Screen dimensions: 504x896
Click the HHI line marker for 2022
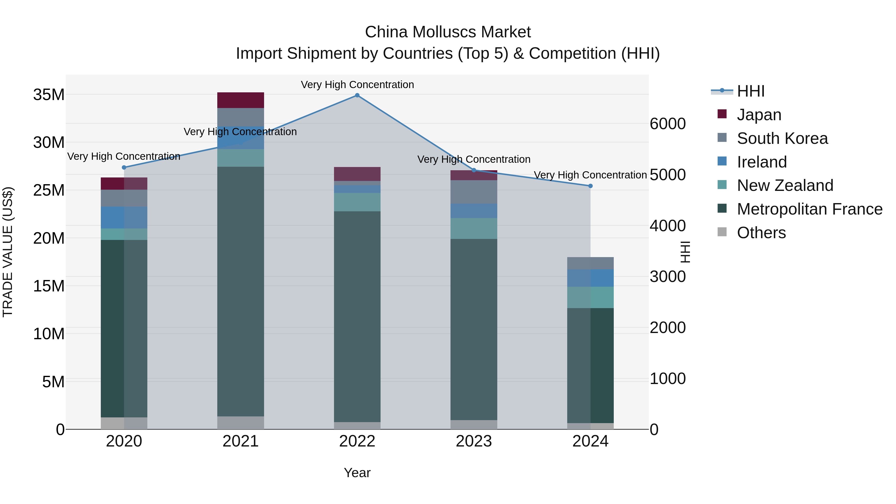click(x=357, y=95)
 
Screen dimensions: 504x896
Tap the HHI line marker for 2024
click(x=590, y=186)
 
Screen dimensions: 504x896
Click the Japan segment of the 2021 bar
click(x=240, y=100)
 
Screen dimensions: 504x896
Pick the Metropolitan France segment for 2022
click(x=357, y=317)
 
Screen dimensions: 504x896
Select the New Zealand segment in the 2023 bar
click(x=473, y=228)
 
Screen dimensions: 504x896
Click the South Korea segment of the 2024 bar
click(x=590, y=263)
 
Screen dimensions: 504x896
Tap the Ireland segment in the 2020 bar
click(x=124, y=218)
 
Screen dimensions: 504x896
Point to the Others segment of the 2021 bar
click(x=240, y=423)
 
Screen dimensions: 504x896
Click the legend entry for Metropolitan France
click(x=809, y=209)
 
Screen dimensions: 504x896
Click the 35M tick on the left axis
click(x=49, y=95)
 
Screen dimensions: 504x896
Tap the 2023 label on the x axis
click(x=473, y=441)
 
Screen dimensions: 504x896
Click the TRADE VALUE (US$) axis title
click(x=8, y=252)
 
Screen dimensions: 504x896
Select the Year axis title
click(x=357, y=473)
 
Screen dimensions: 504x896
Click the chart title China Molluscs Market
click(x=448, y=32)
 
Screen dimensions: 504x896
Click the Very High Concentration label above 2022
click(x=357, y=85)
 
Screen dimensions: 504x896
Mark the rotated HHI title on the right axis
click(x=684, y=252)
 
